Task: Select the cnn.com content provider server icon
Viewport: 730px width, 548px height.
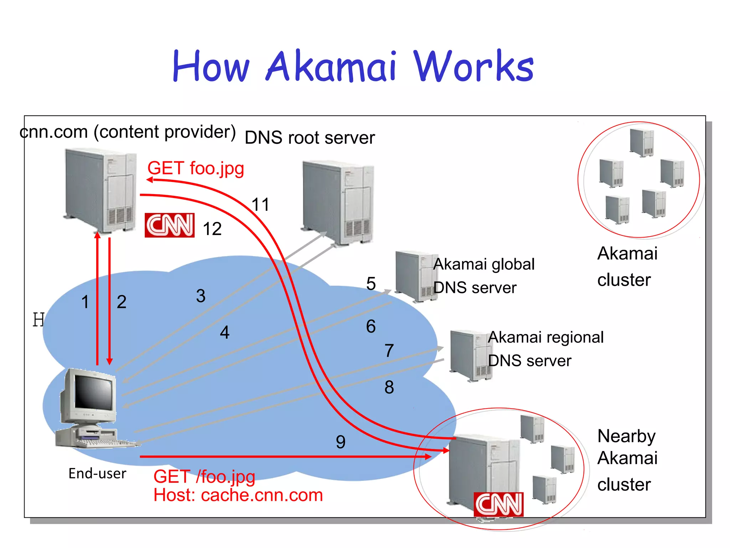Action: [x=101, y=191]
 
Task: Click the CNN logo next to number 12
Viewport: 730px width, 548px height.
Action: [x=169, y=225]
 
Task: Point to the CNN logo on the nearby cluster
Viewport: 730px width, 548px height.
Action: [x=498, y=504]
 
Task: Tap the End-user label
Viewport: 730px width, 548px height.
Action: [x=97, y=473]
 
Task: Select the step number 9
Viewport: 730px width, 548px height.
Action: [x=340, y=442]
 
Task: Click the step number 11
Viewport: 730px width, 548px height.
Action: [x=260, y=205]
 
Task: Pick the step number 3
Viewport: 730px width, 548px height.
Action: [x=201, y=296]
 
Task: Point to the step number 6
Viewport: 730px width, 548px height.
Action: [x=371, y=326]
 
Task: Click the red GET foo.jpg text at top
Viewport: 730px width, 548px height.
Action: [x=196, y=168]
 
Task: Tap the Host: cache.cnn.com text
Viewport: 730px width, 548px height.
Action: [x=238, y=495]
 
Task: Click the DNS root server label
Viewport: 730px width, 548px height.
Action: [x=310, y=138]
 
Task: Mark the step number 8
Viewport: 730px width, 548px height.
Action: [x=389, y=387]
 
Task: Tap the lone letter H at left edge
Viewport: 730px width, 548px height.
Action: [x=38, y=319]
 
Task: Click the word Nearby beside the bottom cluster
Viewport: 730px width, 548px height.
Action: [x=626, y=436]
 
